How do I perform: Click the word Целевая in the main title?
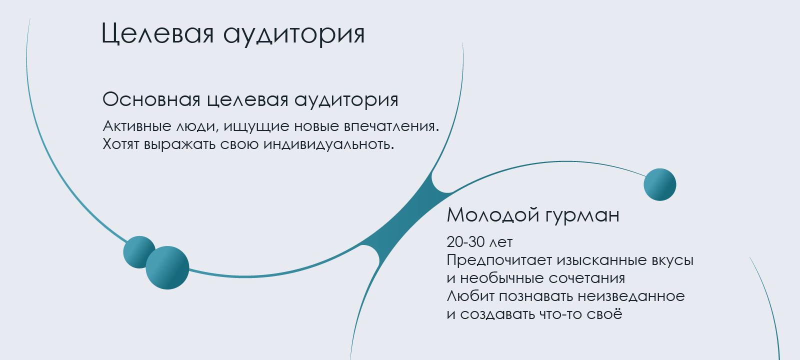pos(157,33)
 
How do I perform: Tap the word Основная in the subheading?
pos(151,99)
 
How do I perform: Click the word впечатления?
pos(391,126)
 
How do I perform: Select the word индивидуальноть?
pos(328,144)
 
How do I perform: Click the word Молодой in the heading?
pos(493,214)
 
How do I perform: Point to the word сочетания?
pos(587,278)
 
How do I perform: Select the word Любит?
pos(470,296)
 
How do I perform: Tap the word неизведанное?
pos(631,296)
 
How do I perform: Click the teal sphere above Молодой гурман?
pos(659,184)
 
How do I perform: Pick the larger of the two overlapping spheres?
pos(167,267)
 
